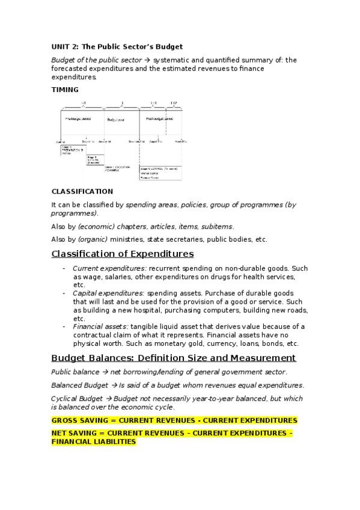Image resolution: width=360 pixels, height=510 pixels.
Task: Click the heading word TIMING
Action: tap(65, 90)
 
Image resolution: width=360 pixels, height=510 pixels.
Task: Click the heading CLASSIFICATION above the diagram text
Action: tap(82, 191)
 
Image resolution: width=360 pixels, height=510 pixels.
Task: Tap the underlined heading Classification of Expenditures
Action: tap(123, 253)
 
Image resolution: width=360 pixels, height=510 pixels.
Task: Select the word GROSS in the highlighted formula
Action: tap(65, 420)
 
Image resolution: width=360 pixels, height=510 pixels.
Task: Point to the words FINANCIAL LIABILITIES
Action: tap(93, 441)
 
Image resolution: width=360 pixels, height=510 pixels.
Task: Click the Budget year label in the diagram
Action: tap(116, 120)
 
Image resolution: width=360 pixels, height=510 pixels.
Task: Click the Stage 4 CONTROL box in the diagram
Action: tap(159, 170)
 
